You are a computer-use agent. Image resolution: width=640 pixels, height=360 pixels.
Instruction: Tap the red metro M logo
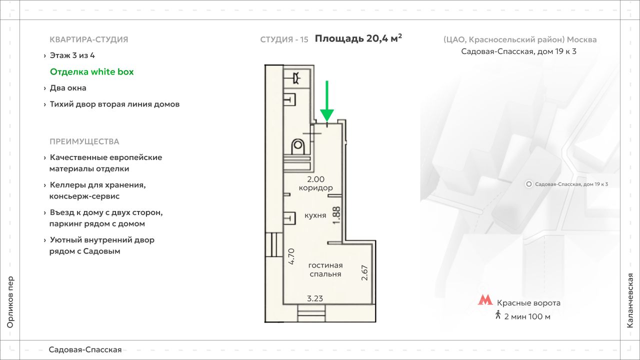pos(485,300)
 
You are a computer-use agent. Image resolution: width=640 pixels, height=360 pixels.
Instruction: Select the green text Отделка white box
pos(92,71)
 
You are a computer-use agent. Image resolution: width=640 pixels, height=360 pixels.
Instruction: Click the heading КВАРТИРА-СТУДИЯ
pos(89,39)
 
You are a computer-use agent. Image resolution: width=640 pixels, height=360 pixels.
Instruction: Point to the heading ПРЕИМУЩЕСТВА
pos(84,141)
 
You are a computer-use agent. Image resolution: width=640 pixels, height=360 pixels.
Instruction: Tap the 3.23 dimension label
pos(315,298)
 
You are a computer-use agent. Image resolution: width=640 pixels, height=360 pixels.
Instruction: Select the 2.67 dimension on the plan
pos(364,272)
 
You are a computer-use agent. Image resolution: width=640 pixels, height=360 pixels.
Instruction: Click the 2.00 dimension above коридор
pos(315,179)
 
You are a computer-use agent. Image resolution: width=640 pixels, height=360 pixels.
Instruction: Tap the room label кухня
pos(315,215)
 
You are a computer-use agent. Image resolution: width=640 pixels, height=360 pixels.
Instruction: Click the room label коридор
pos(315,187)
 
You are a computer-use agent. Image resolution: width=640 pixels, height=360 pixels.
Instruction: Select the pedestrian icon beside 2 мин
pos(497,315)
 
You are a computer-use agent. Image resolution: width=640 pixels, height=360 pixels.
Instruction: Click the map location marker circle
pos(529,184)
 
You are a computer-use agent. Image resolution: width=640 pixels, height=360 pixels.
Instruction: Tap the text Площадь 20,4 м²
pos(358,38)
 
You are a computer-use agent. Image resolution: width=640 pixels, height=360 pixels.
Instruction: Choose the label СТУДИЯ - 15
pos(284,39)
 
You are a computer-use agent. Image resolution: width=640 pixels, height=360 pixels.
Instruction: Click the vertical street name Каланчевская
pos(630,300)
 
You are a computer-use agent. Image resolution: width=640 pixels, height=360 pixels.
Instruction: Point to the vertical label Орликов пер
pos(10,302)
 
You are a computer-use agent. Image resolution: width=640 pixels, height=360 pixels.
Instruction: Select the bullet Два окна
pos(68,88)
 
